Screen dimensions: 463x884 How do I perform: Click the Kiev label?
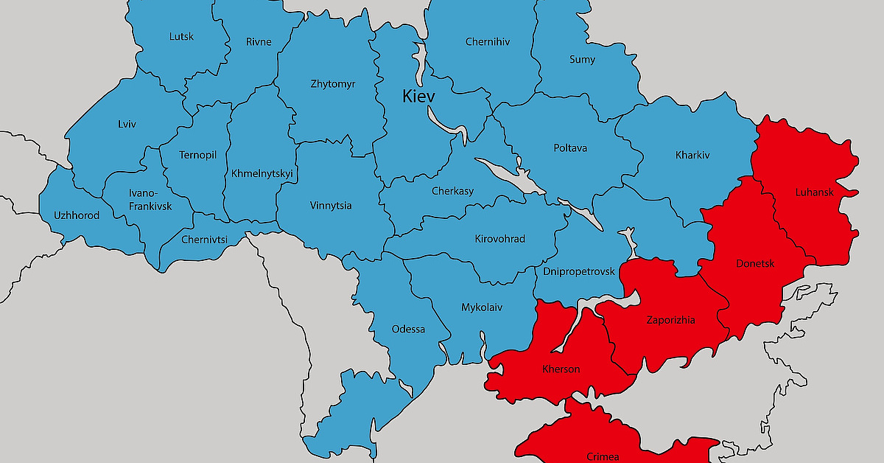pyautogui.click(x=418, y=97)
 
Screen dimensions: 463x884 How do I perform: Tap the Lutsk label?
pyautogui.click(x=181, y=36)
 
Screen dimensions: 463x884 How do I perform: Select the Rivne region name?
pyautogui.click(x=258, y=42)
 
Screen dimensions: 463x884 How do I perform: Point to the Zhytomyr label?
pyautogui.click(x=333, y=84)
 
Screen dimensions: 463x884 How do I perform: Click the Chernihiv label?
pyautogui.click(x=487, y=42)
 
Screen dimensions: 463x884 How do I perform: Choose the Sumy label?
pyautogui.click(x=582, y=60)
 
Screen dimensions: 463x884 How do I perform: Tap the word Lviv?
pyautogui.click(x=127, y=124)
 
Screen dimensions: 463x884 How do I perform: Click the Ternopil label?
pyautogui.click(x=197, y=155)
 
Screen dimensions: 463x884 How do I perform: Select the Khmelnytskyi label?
pyautogui.click(x=262, y=174)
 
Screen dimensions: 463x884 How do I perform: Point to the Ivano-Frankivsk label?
pyautogui.click(x=150, y=200)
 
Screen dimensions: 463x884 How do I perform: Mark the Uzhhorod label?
pyautogui.click(x=76, y=215)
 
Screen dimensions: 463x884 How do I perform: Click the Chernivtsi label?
pyautogui.click(x=204, y=239)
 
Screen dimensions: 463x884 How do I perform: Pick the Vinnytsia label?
pyautogui.click(x=331, y=206)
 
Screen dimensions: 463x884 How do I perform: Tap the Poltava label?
pyautogui.click(x=570, y=148)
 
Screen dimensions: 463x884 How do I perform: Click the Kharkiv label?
pyautogui.click(x=692, y=156)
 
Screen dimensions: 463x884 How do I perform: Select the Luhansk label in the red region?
pyautogui.click(x=814, y=192)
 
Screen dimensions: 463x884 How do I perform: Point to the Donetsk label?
pyautogui.click(x=755, y=263)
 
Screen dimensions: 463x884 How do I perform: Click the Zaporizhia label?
pyautogui.click(x=670, y=320)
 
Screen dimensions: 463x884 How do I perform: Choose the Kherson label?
pyautogui.click(x=561, y=369)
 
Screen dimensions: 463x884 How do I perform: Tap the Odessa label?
pyautogui.click(x=408, y=329)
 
